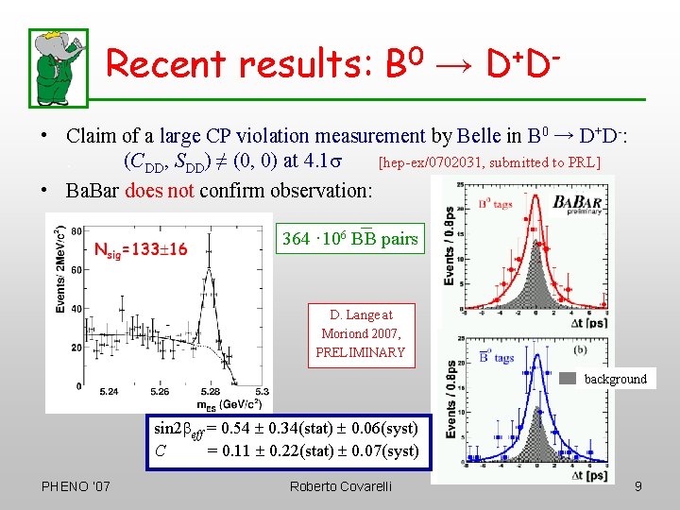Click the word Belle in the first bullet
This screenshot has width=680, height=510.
tap(481, 136)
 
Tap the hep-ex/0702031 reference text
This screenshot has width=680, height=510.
tap(488, 162)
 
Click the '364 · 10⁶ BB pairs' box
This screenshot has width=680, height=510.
tap(349, 239)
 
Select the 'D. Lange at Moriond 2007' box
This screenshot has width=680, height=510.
tap(360, 333)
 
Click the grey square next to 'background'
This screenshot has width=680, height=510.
tap(568, 379)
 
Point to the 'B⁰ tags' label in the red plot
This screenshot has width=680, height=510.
tap(495, 202)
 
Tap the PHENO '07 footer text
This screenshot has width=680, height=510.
tap(76, 486)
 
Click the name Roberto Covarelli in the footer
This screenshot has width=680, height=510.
tap(341, 486)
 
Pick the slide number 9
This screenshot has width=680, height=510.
tap(638, 486)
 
